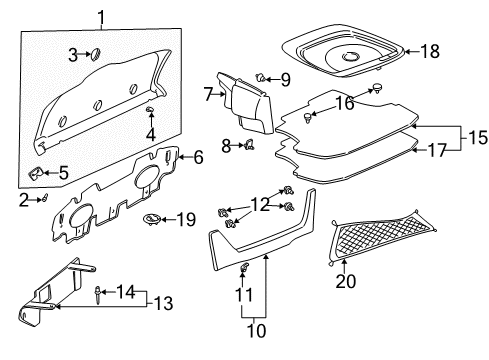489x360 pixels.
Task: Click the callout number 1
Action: pos(100,14)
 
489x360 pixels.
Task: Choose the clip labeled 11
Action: pos(243,295)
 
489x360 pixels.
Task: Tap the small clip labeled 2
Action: pos(43,198)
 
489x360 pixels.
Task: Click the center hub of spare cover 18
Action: pos(351,57)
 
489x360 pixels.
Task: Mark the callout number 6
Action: pos(198,156)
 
